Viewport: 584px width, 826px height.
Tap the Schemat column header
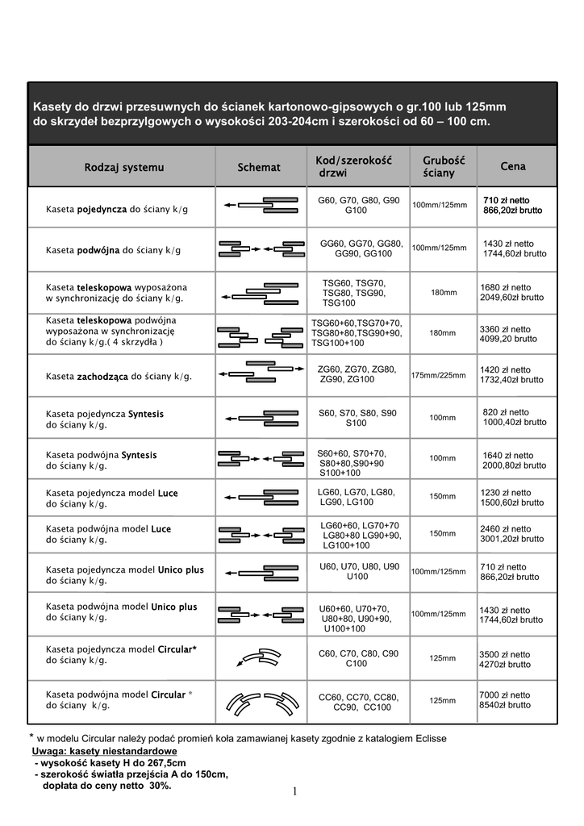point(259,167)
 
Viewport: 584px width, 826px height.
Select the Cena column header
point(513,166)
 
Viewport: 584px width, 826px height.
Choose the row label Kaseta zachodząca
point(119,376)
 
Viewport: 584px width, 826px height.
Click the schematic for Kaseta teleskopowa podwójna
point(259,333)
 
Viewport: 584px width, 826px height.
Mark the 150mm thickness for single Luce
point(443,496)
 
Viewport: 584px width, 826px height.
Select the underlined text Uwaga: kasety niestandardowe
point(99,751)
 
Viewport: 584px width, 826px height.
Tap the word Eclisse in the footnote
point(428,739)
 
